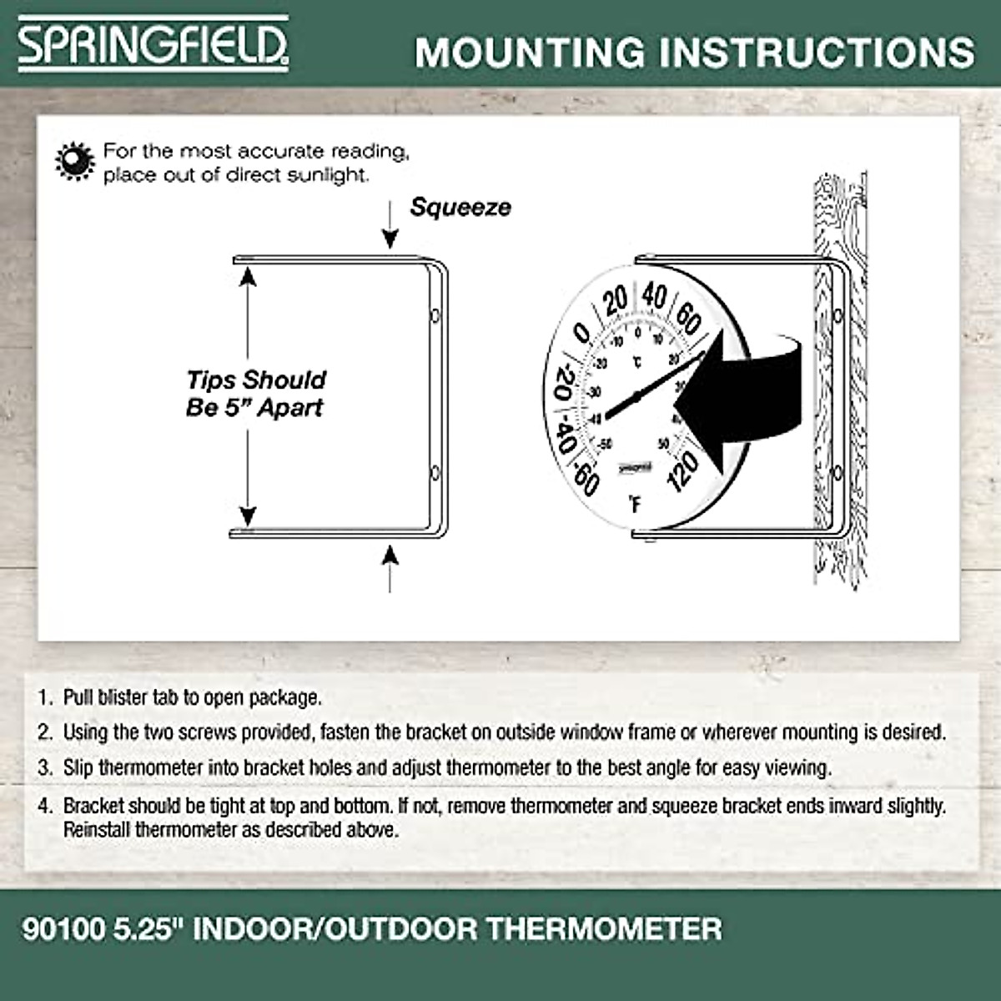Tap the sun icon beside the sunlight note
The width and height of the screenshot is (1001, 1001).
[x=74, y=161]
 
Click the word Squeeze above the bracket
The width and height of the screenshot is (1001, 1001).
[x=460, y=208]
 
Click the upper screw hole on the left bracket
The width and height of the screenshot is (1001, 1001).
[x=435, y=316]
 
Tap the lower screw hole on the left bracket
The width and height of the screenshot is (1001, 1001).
[x=435, y=473]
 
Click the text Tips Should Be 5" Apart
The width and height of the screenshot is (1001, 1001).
[x=255, y=394]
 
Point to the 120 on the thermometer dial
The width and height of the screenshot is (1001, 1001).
[x=683, y=471]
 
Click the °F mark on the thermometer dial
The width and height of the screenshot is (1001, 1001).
[x=635, y=505]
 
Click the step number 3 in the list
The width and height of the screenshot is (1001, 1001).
[x=45, y=767]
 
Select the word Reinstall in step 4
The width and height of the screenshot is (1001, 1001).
[x=97, y=830]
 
